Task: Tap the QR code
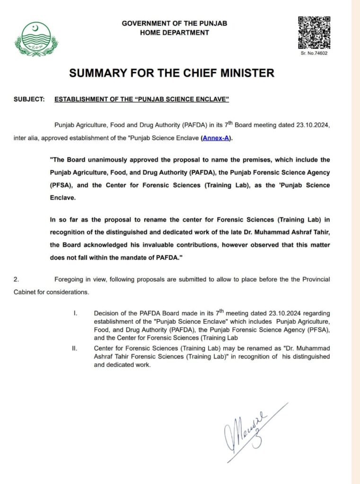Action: coord(314,33)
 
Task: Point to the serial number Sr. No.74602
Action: coord(314,53)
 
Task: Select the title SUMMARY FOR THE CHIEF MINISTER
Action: coord(172,73)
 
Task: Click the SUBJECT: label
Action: coord(29,100)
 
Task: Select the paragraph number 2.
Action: coord(17,280)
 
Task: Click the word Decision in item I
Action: coord(106,313)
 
